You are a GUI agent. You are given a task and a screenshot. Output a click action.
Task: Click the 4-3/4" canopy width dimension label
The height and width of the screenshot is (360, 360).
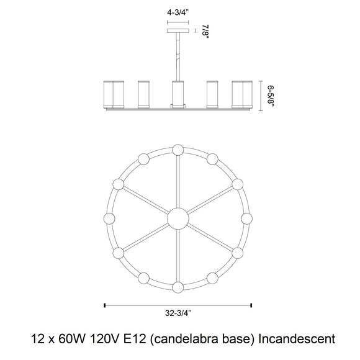[178, 12]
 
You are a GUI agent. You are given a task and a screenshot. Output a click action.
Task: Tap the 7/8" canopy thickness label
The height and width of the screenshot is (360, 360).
[205, 32]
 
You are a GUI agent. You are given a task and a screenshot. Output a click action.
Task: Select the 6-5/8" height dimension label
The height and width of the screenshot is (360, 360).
[271, 96]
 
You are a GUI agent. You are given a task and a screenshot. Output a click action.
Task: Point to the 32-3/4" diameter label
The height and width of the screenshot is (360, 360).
[178, 313]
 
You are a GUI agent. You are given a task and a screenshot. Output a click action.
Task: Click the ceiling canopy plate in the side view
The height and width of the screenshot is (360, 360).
[178, 30]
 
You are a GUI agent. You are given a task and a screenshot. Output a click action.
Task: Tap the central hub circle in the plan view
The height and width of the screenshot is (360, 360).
[178, 218]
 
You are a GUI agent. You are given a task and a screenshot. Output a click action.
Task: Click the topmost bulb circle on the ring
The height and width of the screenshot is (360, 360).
[178, 150]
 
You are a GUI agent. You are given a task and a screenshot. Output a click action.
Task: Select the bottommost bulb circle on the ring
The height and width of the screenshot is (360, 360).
[178, 287]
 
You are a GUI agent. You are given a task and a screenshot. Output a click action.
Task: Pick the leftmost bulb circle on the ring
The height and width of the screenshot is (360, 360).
[109, 218]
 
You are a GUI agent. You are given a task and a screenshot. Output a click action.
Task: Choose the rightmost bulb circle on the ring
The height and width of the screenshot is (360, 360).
[247, 218]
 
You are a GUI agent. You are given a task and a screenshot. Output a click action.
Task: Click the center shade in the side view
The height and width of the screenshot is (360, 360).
[178, 94]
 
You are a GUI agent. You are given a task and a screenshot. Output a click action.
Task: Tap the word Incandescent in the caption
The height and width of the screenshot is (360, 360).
[297, 339]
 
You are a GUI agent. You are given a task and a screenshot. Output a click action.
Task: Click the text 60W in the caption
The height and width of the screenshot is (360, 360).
[72, 339]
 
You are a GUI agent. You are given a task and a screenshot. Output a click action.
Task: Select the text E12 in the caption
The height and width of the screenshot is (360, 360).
[135, 339]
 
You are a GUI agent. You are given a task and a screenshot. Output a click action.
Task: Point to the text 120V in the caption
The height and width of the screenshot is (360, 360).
[104, 339]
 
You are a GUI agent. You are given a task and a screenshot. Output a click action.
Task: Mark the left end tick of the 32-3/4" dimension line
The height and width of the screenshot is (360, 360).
[105, 305]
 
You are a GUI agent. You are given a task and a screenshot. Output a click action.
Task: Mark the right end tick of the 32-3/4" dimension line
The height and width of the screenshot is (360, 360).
[251, 305]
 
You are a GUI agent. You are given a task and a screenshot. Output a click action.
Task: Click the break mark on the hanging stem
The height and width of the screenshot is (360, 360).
[178, 56]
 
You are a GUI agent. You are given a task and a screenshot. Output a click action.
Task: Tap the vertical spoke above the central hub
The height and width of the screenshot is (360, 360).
[178, 182]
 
